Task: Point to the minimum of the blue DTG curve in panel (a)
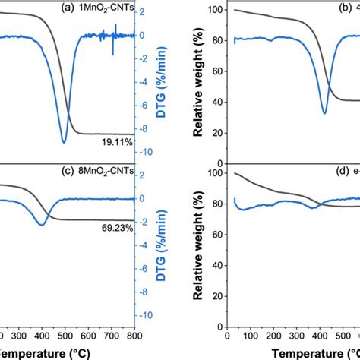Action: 64,141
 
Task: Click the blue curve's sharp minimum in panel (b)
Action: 324,113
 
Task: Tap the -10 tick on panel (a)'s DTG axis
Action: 148,152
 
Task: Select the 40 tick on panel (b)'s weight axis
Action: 216,101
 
